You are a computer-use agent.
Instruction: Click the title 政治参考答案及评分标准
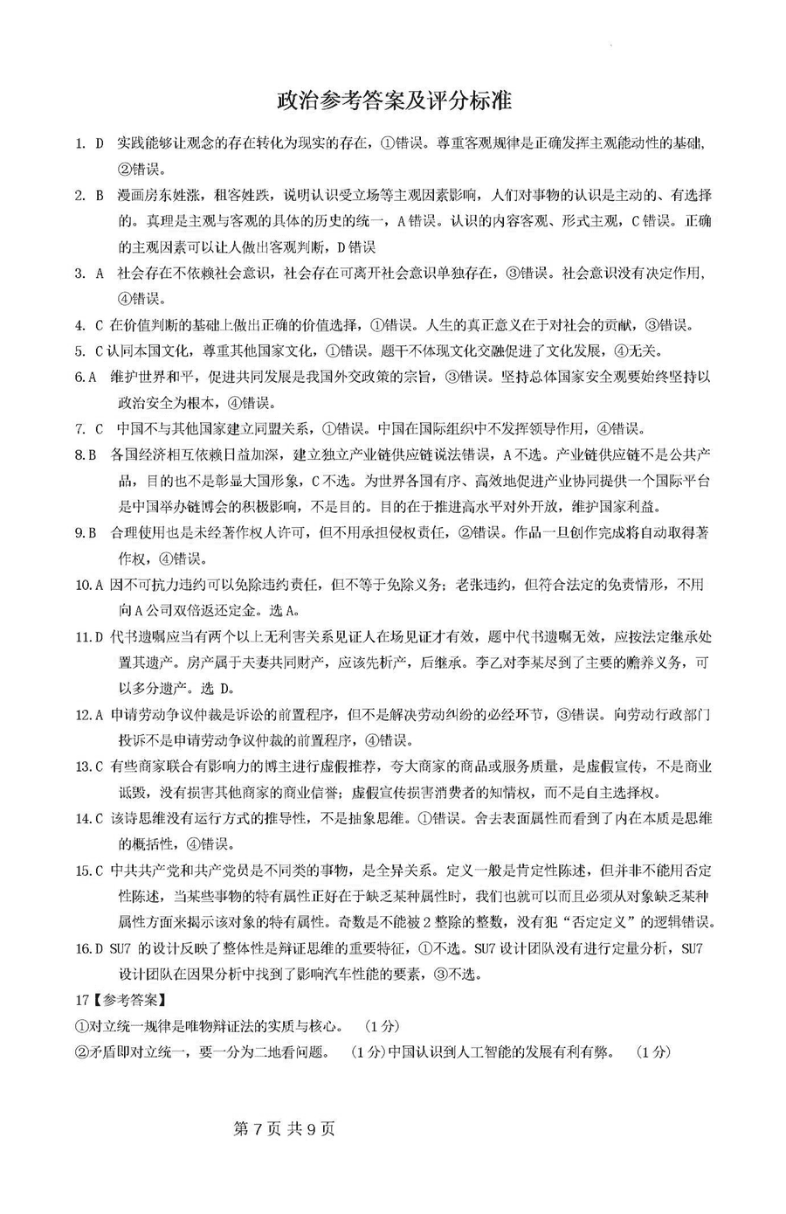[x=393, y=101]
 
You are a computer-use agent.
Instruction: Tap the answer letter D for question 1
[x=100, y=143]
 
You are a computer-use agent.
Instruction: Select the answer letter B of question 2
[x=100, y=195]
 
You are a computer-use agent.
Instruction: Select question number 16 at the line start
[x=82, y=948]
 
